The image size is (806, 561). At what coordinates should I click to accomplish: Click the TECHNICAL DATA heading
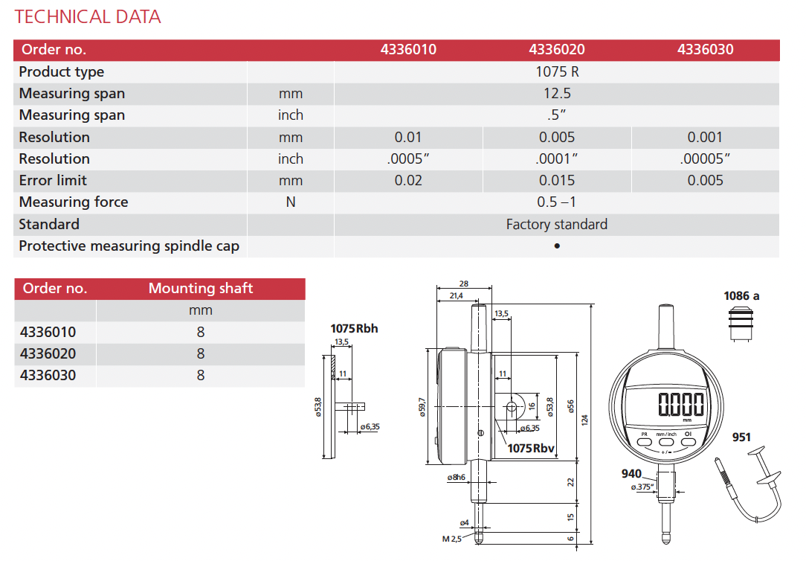(x=88, y=17)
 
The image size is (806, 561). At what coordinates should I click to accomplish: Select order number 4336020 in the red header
(x=557, y=49)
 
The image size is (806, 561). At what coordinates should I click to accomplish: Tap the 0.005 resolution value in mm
(x=557, y=138)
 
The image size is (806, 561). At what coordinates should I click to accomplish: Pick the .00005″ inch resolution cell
(x=705, y=159)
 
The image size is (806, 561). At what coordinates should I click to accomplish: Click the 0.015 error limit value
(x=557, y=181)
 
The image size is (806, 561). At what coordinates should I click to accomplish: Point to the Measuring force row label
(x=74, y=202)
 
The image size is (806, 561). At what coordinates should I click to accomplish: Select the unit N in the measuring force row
(x=291, y=202)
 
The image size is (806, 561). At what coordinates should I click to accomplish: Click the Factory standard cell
(x=557, y=224)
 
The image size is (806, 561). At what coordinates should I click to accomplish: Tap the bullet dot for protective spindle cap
(x=557, y=246)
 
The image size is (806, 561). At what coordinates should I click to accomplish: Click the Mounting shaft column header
(x=201, y=288)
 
